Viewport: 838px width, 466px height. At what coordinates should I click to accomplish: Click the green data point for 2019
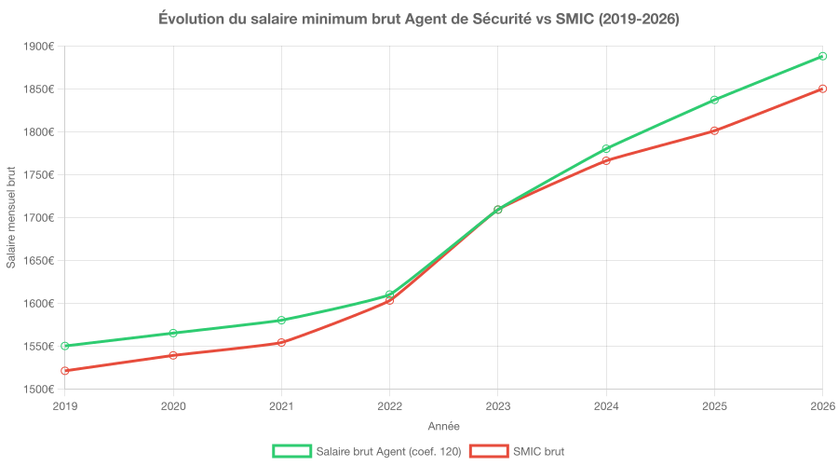(x=65, y=346)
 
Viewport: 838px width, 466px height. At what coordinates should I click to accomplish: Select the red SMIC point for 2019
(x=65, y=371)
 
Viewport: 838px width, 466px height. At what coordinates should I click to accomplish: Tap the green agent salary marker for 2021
(x=281, y=320)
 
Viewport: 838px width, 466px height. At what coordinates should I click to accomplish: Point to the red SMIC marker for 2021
(x=281, y=343)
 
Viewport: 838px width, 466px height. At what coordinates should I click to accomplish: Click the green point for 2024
(x=606, y=149)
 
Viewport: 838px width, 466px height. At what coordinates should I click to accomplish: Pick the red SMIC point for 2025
(x=714, y=130)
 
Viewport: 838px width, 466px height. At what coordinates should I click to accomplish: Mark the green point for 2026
(x=823, y=56)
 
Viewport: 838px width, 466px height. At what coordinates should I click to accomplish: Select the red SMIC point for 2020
(x=173, y=355)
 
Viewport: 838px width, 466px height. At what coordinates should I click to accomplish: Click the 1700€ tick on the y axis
(x=39, y=218)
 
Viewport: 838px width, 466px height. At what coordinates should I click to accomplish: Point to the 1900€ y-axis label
(x=39, y=47)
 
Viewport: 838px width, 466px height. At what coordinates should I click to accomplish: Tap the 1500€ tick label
(x=39, y=390)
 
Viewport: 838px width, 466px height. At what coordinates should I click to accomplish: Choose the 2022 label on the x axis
(x=389, y=406)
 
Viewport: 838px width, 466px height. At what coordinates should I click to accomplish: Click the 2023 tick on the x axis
(x=498, y=406)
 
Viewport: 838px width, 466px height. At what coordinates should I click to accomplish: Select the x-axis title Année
(x=443, y=426)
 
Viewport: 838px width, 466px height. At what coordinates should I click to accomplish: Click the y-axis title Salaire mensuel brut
(x=11, y=218)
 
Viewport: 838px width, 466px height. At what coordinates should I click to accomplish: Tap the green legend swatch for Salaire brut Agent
(x=291, y=451)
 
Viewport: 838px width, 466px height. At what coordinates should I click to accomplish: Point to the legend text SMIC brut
(x=538, y=451)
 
